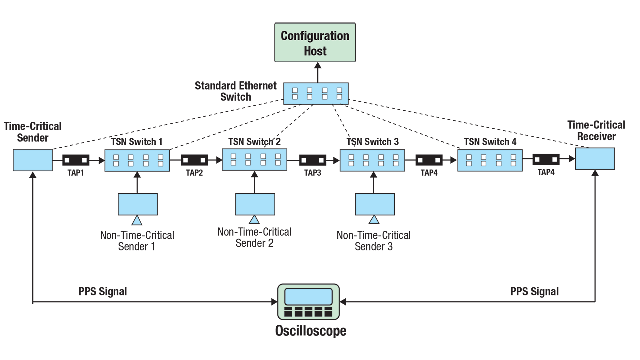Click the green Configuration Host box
[315, 42]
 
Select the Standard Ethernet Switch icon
[316, 93]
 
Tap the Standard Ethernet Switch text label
[235, 91]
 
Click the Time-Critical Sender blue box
[33, 160]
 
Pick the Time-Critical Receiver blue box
[595, 159]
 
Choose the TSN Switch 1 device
[137, 160]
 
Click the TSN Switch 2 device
[255, 159]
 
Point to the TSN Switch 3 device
[372, 160]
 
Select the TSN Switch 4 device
[490, 160]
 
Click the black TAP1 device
[76, 160]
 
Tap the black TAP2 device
[194, 160]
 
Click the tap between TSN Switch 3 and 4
[429, 160]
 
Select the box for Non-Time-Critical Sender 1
[138, 203]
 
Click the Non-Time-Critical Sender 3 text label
[373, 241]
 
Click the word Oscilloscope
[310, 331]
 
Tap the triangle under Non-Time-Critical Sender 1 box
[137, 220]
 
